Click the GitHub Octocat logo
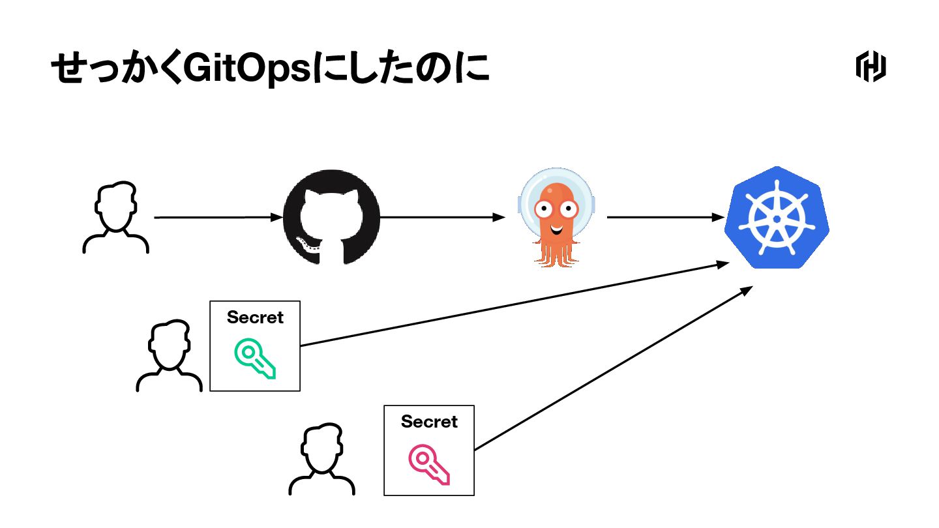[331, 217]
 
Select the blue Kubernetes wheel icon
[777, 218]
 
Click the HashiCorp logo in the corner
[871, 67]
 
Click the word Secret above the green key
[255, 317]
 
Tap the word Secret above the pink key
[429, 422]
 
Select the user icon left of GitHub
[116, 218]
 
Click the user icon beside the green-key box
[170, 356]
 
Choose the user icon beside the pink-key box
[322, 460]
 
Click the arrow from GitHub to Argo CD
[443, 218]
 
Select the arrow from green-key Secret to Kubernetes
[515, 304]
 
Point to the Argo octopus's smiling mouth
[556, 229]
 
